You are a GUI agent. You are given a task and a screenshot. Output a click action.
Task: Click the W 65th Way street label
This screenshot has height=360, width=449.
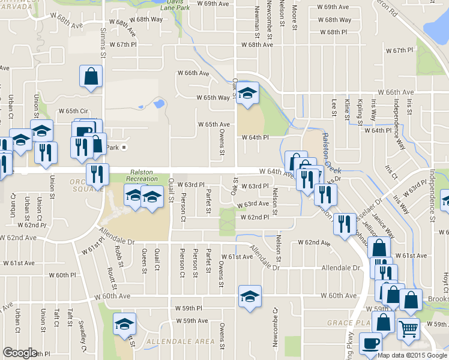(213, 98)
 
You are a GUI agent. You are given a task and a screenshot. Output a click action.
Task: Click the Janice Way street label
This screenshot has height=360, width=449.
(382, 222)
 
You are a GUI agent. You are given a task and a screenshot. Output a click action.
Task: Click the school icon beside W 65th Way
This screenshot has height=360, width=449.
(247, 93)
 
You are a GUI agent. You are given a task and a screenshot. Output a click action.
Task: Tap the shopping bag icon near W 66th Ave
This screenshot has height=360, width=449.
(91, 77)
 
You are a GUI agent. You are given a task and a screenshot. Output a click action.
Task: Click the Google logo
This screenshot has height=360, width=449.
(20, 353)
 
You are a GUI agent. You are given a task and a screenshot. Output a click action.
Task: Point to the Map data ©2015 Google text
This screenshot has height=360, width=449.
(412, 355)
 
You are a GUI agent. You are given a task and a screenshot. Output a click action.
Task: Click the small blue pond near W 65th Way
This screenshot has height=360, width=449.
(159, 103)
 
